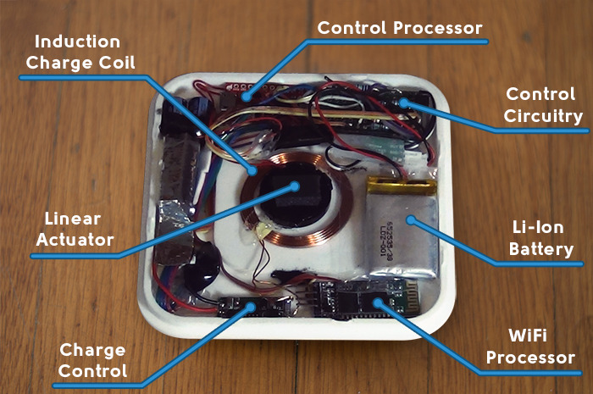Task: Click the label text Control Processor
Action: point(399,27)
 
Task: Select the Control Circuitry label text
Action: point(543,104)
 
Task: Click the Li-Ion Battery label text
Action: point(538,239)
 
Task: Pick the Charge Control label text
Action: point(92,360)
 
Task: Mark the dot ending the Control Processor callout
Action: point(245,97)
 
